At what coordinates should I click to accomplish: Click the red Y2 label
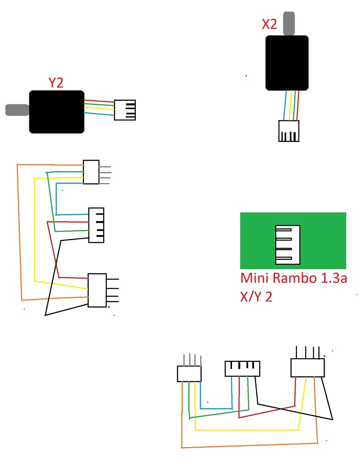56,83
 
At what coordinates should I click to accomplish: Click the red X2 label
269,24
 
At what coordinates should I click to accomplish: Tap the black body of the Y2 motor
57,112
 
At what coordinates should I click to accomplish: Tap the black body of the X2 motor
287,63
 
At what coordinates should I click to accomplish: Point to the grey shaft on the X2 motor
289,24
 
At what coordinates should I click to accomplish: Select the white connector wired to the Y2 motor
125,110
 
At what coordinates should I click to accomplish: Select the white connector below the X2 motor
289,131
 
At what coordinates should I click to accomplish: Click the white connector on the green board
287,245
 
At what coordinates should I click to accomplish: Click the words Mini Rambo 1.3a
293,279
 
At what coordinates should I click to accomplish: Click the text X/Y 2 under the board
256,297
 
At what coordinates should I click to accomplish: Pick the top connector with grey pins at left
91,172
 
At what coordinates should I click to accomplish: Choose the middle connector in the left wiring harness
96,225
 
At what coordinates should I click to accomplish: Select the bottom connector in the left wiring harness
97,290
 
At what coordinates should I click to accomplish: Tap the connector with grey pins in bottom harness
189,373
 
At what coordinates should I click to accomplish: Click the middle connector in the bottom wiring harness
242,369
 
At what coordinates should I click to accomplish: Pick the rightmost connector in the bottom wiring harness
308,368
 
